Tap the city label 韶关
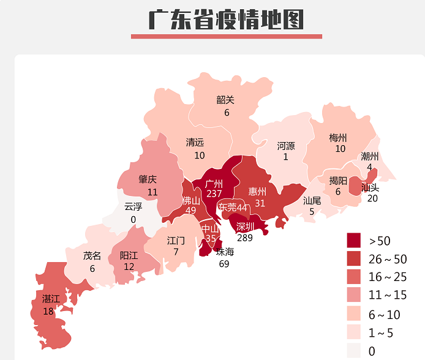(225, 100)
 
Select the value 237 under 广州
(214, 193)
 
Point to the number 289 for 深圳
(245, 237)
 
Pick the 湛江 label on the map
(51, 299)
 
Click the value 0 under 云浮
(133, 219)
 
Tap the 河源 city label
(285, 146)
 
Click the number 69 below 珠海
(224, 264)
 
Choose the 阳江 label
(129, 256)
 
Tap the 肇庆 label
(148, 179)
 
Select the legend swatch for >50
(354, 239)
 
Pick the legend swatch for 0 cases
(354, 350)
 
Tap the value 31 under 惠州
(260, 203)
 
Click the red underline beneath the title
(226, 36)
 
